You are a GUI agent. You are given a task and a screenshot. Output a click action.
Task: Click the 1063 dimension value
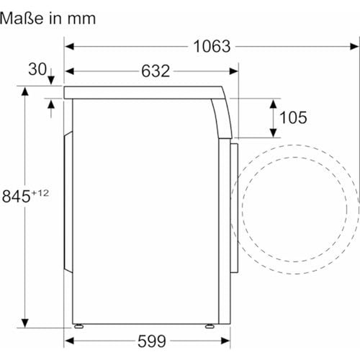pyautogui.click(x=212, y=46)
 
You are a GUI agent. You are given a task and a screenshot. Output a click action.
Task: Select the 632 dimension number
pyautogui.click(x=156, y=71)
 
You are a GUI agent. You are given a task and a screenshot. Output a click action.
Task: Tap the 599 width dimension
pyautogui.click(x=152, y=341)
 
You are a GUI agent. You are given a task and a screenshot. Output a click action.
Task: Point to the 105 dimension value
pyautogui.click(x=293, y=117)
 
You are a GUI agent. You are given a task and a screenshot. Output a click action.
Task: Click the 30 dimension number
pyautogui.click(x=37, y=69)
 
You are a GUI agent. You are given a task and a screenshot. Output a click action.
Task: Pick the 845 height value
pyautogui.click(x=16, y=196)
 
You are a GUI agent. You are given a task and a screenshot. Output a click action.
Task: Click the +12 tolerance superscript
pyautogui.click(x=40, y=193)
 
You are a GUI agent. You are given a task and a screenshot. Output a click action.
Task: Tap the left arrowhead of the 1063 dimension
pyautogui.click(x=69, y=46)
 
